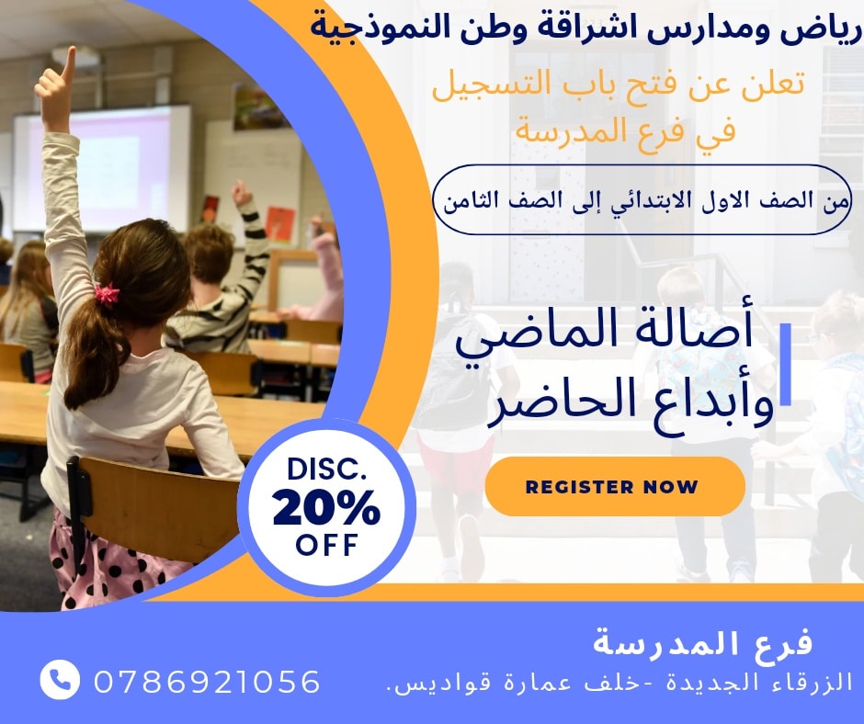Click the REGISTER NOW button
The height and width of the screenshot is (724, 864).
615,487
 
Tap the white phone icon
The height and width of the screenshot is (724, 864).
60,679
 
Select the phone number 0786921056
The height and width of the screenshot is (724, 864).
207,682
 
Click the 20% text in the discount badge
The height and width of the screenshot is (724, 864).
326,507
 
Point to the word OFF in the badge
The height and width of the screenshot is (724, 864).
326,545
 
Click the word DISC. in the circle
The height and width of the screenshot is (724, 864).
326,469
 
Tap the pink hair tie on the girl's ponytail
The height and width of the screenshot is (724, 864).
107,294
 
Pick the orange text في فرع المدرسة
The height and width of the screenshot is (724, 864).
625,132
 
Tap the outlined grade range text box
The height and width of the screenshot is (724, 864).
642,199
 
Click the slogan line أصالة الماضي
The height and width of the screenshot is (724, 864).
604,332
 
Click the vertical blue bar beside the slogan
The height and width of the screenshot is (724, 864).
786,364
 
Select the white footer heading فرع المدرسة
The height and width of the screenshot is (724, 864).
702,642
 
